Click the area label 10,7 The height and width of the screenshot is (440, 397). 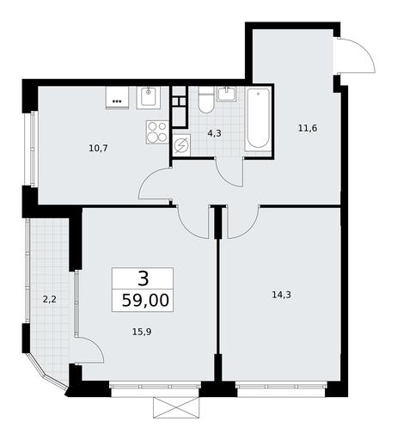(x=98, y=149)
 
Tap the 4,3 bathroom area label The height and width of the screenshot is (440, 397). (x=215, y=133)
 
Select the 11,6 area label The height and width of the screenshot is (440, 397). (x=308, y=128)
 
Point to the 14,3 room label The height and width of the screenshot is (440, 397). (x=281, y=295)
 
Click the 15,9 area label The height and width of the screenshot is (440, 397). (x=142, y=332)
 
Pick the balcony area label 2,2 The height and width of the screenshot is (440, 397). (x=50, y=300)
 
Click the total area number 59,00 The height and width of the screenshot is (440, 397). (x=145, y=301)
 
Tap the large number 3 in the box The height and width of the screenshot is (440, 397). (x=144, y=278)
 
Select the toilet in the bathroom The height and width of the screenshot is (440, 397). (x=206, y=100)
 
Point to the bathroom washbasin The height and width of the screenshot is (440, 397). (x=227, y=95)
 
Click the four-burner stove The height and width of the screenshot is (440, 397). (x=157, y=132)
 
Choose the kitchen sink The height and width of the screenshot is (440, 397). (x=149, y=98)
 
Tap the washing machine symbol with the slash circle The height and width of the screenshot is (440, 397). (x=181, y=145)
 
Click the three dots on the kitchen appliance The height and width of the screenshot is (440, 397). (x=117, y=101)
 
